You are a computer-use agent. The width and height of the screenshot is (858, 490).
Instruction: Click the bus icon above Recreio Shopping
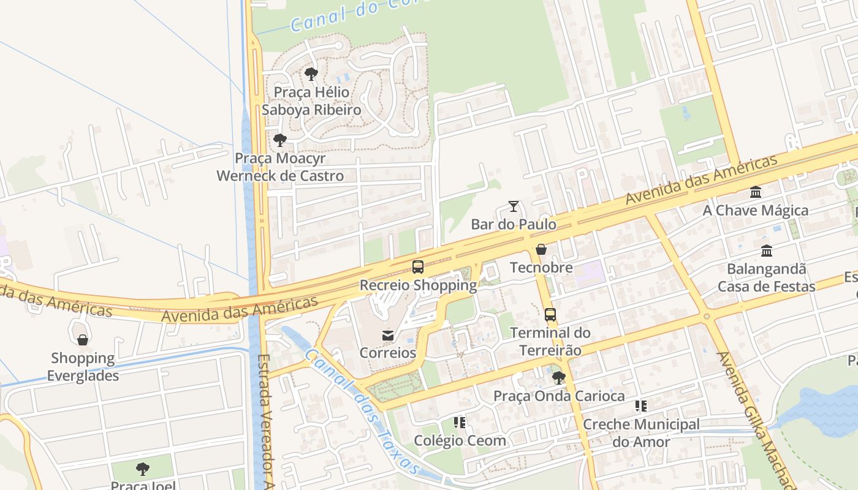[x=418, y=267]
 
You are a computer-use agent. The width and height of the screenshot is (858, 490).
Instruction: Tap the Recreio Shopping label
[x=418, y=285]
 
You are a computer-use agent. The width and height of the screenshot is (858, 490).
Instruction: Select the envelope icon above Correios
[x=388, y=335]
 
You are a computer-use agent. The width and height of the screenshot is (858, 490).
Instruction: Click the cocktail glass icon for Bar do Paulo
[x=514, y=206]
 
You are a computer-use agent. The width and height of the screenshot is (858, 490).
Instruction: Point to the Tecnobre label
[x=541, y=268]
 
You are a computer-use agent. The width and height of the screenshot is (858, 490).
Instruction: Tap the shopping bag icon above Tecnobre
[x=541, y=249]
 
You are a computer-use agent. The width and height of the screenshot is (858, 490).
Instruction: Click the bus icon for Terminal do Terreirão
[x=550, y=315]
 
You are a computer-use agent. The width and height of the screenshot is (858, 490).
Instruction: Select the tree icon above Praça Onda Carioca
[x=558, y=378]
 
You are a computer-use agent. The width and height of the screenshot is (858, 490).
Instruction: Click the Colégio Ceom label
[x=460, y=440]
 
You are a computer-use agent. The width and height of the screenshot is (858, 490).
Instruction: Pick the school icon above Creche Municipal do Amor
[x=641, y=406]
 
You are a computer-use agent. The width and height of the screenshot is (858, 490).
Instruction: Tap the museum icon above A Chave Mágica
[x=756, y=192]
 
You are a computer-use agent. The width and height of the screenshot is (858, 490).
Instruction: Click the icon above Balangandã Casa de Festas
[x=767, y=251]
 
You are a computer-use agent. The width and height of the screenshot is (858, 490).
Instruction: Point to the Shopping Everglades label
[x=83, y=367]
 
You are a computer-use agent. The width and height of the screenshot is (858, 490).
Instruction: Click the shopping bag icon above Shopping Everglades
[x=83, y=340]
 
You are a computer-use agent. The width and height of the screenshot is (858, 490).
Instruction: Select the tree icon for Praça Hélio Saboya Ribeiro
[x=311, y=75]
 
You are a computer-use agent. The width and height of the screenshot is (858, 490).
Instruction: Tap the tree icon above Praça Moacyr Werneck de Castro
[x=280, y=140]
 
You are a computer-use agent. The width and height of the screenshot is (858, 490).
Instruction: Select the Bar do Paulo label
[x=514, y=224]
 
